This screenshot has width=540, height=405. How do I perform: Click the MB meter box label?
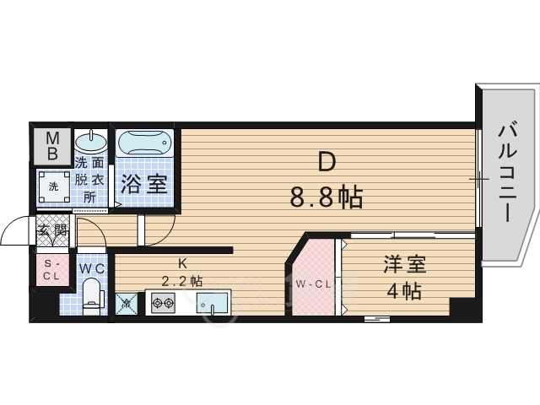(x=52, y=146)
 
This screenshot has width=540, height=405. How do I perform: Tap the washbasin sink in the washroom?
(x=91, y=142)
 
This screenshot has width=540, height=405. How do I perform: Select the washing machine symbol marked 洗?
(x=52, y=186)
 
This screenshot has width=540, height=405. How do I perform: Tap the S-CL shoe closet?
(x=51, y=269)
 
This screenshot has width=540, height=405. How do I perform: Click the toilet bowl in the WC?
(x=92, y=298)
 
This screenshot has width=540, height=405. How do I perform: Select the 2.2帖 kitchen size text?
(x=182, y=281)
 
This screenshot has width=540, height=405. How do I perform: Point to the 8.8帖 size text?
(x=326, y=197)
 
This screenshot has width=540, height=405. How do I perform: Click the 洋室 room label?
(x=399, y=264)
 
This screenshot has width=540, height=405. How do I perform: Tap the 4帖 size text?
(x=399, y=293)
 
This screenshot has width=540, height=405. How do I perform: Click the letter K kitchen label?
(x=181, y=262)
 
